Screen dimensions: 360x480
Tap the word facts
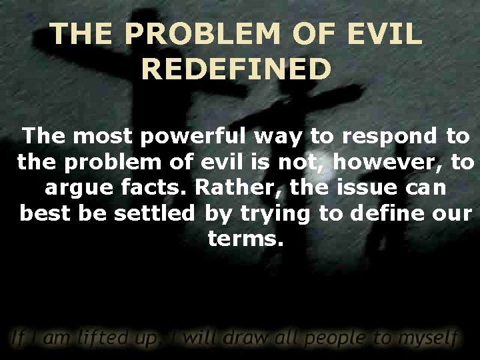(x=156, y=187)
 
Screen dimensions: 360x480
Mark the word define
(x=388, y=213)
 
